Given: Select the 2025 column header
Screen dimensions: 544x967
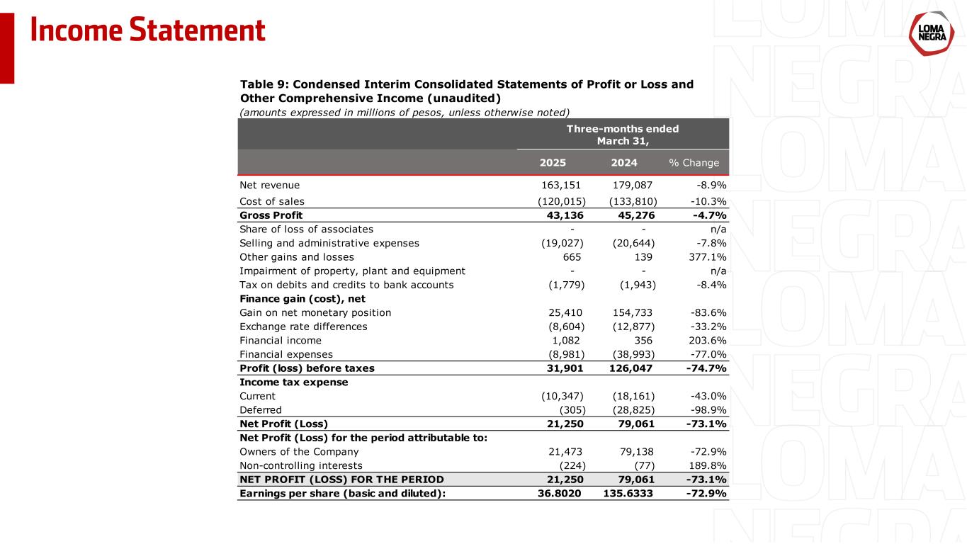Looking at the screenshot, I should point(553,163).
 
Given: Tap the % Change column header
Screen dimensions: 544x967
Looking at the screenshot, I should point(694,163).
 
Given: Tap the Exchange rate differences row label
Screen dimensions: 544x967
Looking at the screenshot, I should point(303,327).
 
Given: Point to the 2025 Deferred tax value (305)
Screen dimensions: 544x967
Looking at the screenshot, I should point(572,409).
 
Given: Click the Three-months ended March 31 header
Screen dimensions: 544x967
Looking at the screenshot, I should point(623,134).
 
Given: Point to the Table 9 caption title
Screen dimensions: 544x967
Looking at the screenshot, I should point(466,91).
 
